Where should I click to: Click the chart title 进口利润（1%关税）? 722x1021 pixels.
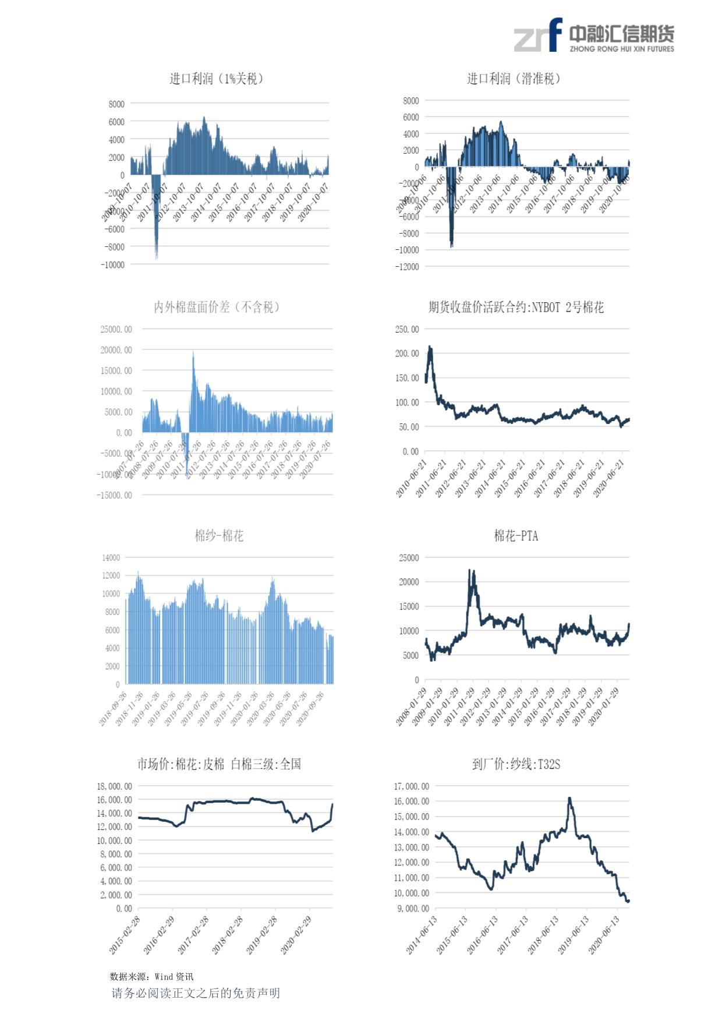click(x=216, y=79)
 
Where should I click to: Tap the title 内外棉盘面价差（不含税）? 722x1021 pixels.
click(x=216, y=307)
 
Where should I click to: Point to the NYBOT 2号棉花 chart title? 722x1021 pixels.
click(x=516, y=307)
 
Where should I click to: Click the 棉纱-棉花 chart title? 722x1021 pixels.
click(x=219, y=535)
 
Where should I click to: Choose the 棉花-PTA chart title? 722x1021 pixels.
click(x=516, y=535)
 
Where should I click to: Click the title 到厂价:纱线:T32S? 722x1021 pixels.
click(x=516, y=764)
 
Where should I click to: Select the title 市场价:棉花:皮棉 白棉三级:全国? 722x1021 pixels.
click(x=219, y=764)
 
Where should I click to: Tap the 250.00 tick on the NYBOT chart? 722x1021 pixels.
click(x=407, y=329)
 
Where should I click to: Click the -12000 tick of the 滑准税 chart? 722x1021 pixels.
click(x=406, y=267)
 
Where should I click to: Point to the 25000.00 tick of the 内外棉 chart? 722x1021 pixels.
click(x=116, y=329)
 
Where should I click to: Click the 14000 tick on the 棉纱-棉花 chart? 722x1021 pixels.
click(x=111, y=557)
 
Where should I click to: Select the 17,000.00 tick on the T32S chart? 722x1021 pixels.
click(x=411, y=786)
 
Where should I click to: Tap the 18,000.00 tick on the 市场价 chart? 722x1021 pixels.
click(x=114, y=786)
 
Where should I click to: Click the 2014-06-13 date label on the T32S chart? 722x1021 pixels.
click(x=422, y=934)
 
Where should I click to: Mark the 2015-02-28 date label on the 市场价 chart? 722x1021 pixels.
click(x=125, y=934)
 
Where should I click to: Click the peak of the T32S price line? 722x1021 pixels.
click(x=569, y=798)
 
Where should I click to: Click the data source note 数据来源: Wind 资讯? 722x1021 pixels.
click(x=151, y=977)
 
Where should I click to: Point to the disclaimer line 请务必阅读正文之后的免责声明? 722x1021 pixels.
click(x=196, y=993)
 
